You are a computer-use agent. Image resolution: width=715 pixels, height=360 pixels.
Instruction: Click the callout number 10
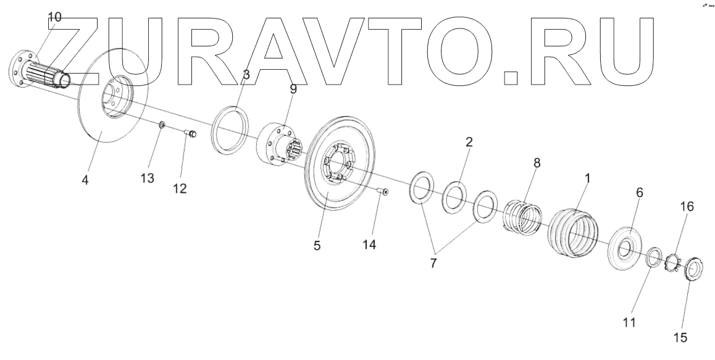coord(54,17)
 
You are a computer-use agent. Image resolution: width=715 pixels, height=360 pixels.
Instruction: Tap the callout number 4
coord(85,181)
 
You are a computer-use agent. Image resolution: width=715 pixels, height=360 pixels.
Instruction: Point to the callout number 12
coord(180,189)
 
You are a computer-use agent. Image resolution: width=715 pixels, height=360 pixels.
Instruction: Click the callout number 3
coord(246,75)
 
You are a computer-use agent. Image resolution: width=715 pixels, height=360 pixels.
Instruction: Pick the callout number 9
coord(293,89)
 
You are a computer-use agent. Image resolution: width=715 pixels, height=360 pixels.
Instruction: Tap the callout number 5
coord(317,245)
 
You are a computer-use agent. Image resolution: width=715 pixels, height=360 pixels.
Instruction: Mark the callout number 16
coord(687,206)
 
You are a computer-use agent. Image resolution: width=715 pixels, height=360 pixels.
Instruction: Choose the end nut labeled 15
coord(694,270)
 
